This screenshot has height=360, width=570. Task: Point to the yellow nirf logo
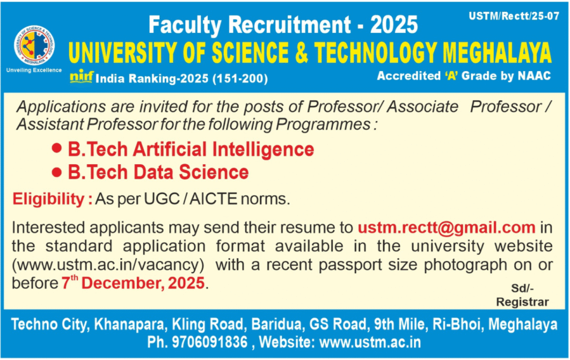[81, 78]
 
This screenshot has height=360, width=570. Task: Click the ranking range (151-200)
[239, 79]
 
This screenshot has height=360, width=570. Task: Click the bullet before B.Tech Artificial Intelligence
[56, 149]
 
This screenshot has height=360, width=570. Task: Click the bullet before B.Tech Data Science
[56, 172]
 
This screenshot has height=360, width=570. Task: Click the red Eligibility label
[53, 199]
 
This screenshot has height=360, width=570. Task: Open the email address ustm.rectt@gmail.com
[446, 228]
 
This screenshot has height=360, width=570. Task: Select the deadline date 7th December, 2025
[134, 283]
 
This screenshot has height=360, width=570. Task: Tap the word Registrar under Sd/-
[522, 302]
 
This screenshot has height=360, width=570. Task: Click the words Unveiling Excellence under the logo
[33, 71]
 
